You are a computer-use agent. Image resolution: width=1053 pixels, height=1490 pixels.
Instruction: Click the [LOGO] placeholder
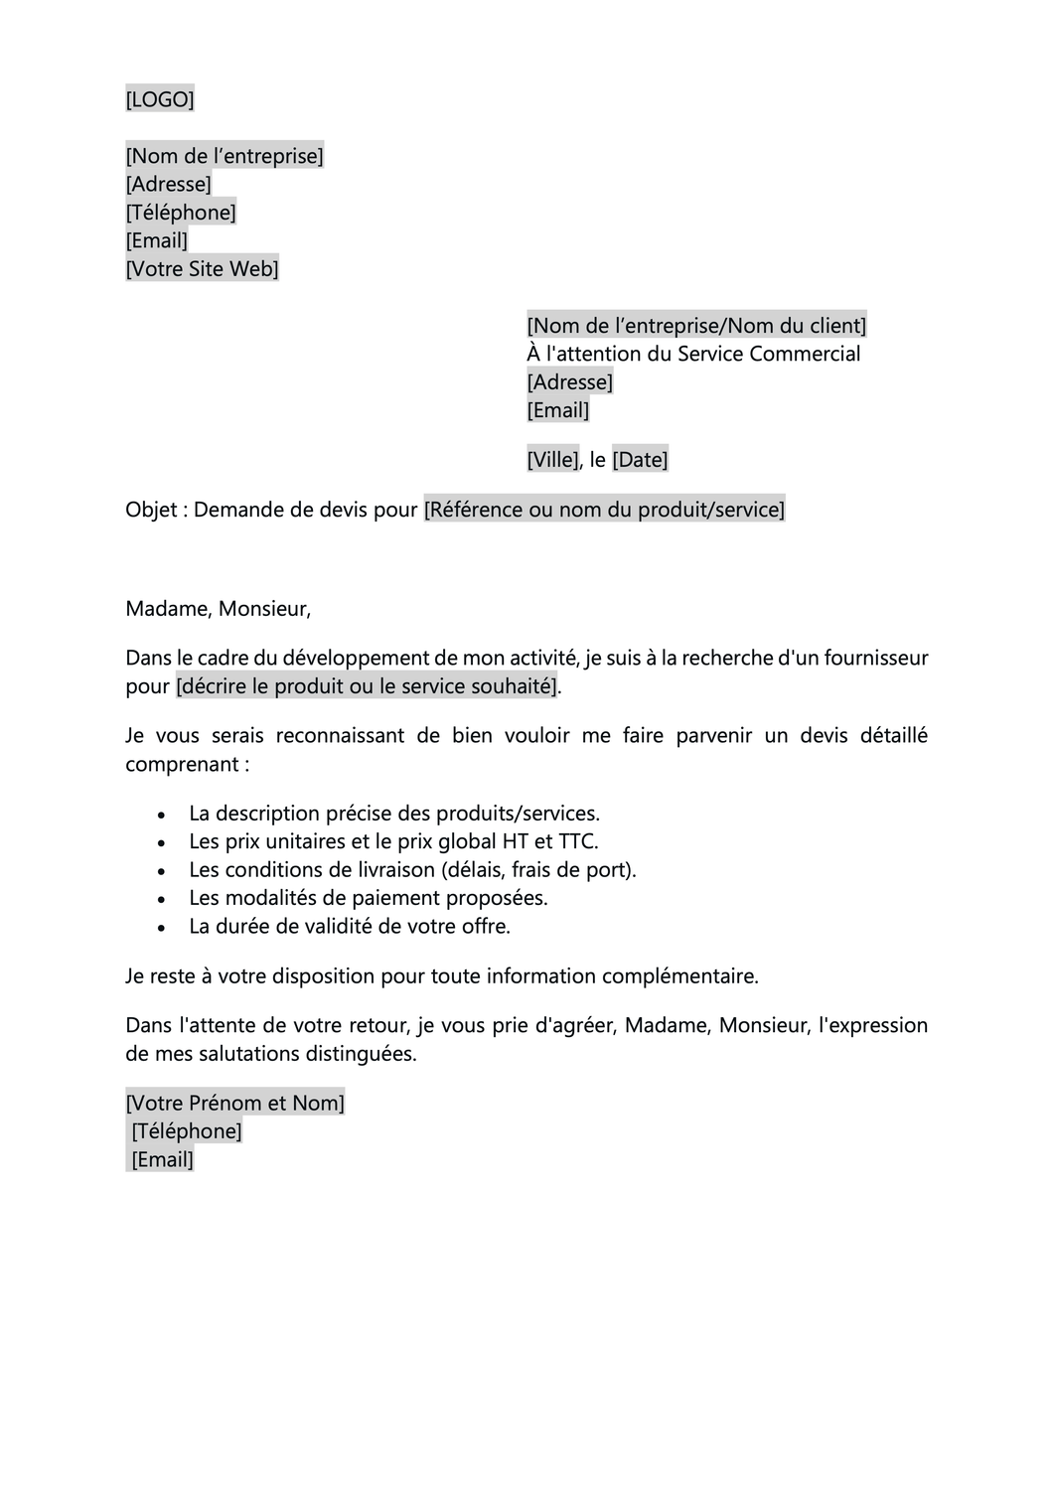(159, 99)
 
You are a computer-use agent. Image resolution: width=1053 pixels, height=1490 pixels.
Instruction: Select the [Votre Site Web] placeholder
(202, 268)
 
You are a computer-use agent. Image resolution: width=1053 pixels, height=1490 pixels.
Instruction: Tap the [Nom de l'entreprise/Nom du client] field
(695, 326)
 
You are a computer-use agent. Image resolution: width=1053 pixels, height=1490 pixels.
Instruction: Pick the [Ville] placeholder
(552, 459)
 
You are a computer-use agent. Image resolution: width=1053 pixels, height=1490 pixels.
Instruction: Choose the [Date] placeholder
(640, 459)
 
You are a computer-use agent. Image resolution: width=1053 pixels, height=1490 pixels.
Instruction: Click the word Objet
(150, 510)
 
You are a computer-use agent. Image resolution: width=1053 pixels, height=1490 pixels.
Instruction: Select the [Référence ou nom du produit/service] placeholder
(604, 510)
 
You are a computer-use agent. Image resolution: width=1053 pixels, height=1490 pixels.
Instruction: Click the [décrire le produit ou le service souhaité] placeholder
(367, 686)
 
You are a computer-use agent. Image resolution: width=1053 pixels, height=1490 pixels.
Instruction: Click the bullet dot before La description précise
(163, 815)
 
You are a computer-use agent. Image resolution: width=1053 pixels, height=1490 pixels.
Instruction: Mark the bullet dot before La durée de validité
(163, 927)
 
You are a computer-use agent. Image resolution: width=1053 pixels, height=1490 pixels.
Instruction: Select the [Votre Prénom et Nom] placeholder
(234, 1103)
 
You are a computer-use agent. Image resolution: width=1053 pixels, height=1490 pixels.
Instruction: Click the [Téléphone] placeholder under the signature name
(187, 1131)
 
